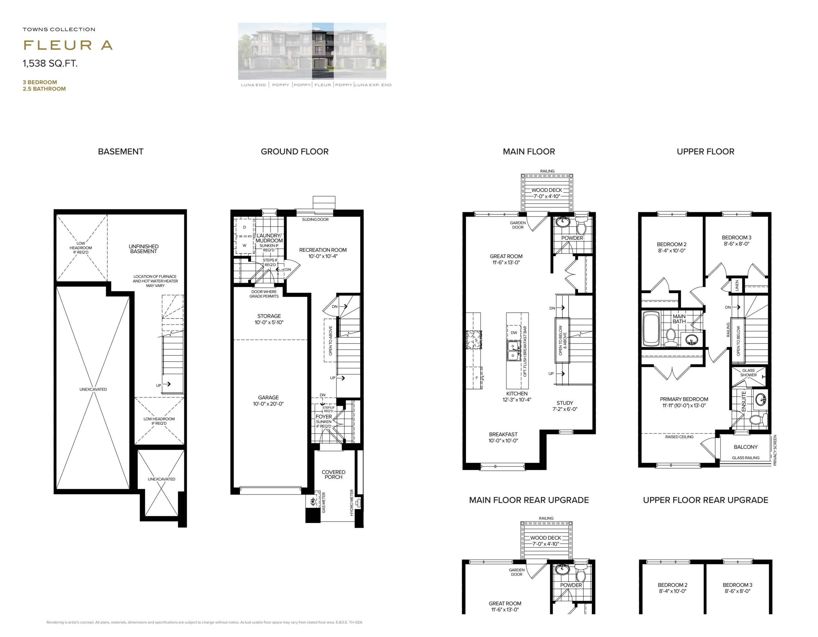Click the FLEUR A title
point(68,45)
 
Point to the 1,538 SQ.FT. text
point(50,63)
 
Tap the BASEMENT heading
point(120,151)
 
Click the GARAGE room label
point(268,397)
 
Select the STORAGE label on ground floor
point(269,316)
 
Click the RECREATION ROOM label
point(323,250)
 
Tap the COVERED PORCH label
point(333,475)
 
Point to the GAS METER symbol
point(313,501)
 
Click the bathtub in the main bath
point(651,329)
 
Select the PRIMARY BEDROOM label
point(684,399)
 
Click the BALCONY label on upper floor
point(745,447)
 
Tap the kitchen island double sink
point(513,351)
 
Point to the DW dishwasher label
point(514,332)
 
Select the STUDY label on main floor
point(565,403)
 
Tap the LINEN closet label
point(737,285)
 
